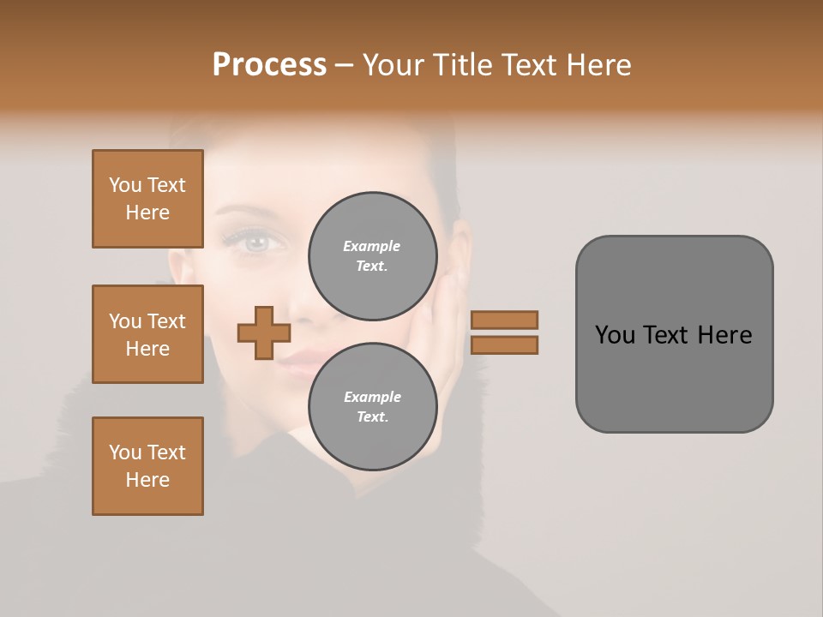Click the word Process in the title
(x=269, y=65)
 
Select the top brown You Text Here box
(x=147, y=199)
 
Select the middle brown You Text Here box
(x=147, y=334)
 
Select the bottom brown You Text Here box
(x=147, y=466)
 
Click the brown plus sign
(x=264, y=332)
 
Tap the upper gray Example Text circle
(x=373, y=256)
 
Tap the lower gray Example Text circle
(x=373, y=407)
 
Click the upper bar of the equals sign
(x=504, y=320)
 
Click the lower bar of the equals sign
(x=504, y=345)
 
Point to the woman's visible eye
(x=255, y=243)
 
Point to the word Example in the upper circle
(x=372, y=246)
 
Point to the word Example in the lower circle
(x=372, y=397)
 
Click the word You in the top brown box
(x=125, y=185)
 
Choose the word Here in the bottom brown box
(x=147, y=480)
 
